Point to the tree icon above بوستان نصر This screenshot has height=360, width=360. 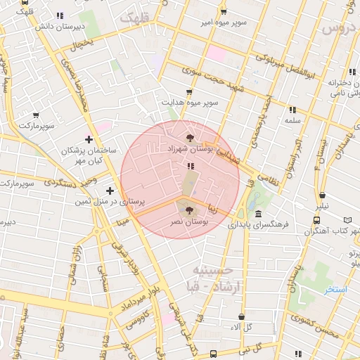point(188,209)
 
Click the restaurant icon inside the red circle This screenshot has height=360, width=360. point(191,167)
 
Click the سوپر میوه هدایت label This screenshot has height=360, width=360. point(188,103)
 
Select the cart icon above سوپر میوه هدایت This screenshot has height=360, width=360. point(188,92)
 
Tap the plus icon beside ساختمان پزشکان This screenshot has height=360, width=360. point(88,139)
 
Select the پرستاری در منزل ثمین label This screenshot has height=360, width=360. point(110,202)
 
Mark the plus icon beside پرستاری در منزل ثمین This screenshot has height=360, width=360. point(110,191)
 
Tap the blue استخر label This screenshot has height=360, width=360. point(335,289)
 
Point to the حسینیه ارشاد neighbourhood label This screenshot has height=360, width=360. point(212,277)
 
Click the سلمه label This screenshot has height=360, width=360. point(292,121)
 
